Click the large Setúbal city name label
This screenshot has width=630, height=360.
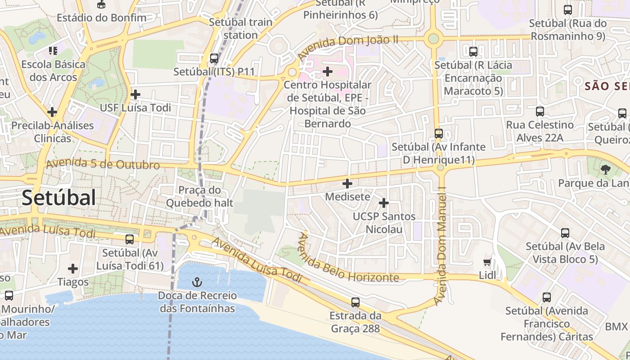59,198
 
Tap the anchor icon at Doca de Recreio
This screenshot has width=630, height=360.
197,282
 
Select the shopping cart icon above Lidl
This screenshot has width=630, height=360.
487,262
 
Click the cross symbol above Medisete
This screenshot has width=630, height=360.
347,184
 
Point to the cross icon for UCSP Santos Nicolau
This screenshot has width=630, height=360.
383,203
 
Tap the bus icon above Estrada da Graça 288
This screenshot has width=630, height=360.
355,302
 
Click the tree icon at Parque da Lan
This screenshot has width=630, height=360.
605,170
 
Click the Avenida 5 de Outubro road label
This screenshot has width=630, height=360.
103,164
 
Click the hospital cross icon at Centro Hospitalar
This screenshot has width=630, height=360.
328,71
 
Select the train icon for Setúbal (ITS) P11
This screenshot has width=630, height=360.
214,58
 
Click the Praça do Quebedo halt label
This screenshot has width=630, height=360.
200,196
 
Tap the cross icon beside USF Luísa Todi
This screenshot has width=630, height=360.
135,94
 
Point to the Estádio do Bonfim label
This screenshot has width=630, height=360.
102,18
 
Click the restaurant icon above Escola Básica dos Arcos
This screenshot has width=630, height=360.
53,51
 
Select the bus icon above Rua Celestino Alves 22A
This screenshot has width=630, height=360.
540,111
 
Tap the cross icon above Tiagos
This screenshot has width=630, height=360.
73,269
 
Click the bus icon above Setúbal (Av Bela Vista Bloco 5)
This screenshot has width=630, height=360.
565,233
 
